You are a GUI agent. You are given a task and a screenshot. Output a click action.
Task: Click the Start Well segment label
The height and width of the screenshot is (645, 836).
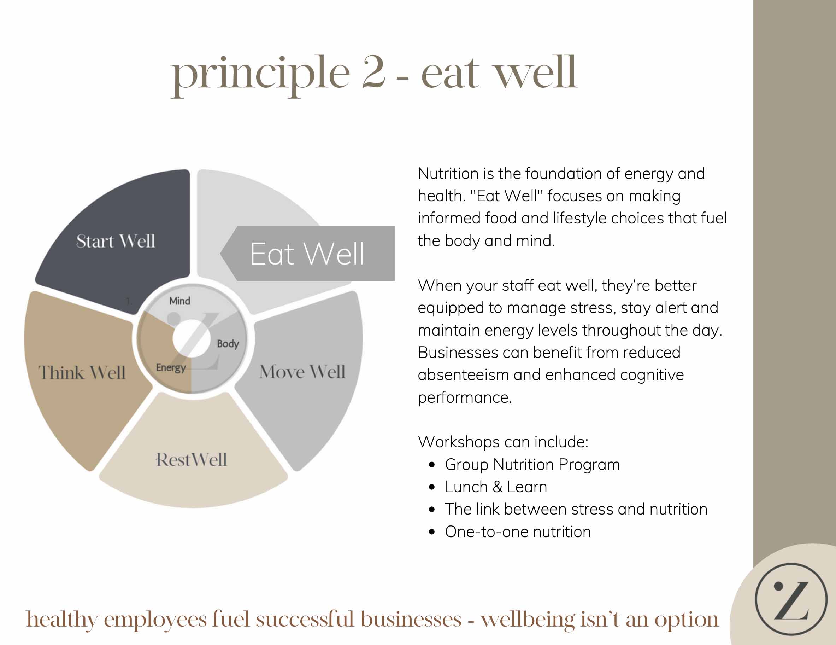[116, 241]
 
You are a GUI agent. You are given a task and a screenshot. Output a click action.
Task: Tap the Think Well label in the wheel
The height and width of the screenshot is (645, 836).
[82, 372]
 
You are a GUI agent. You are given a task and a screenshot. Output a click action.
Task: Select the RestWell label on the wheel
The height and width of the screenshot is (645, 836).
[191, 460]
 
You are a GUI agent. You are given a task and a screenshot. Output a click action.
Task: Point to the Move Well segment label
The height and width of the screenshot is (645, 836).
[302, 372]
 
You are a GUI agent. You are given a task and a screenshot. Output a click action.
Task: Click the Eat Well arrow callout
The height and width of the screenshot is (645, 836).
[307, 254]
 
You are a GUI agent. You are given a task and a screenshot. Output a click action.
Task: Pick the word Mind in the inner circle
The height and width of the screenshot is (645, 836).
[179, 301]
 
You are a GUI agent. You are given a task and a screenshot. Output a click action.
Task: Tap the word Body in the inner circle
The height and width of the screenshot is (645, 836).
[228, 344]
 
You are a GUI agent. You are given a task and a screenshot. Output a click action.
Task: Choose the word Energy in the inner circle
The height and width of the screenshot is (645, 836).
[171, 368]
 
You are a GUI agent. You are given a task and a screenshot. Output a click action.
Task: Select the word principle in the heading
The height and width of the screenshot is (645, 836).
[261, 74]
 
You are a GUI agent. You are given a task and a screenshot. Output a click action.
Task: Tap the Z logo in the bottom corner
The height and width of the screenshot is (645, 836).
[791, 599]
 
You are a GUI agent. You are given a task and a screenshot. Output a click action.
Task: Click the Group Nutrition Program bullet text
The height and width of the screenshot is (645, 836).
[532, 465]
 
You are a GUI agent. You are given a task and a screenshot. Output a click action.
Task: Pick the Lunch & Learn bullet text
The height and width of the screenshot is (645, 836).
[496, 487]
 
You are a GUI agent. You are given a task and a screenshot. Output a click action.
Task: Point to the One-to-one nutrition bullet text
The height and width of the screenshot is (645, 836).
[518, 531]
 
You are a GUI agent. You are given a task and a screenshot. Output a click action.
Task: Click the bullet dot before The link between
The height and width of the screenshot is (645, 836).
[432, 510]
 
